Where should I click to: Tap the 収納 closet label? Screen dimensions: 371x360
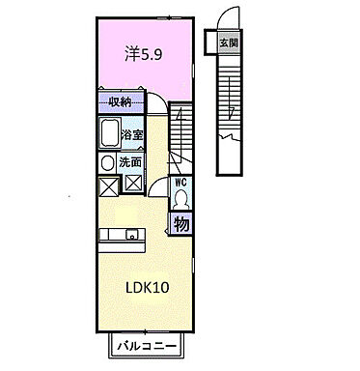120,101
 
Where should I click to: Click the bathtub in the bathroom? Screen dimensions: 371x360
107,135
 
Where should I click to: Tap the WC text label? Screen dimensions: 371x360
180,181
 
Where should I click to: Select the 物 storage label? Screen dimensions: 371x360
181,224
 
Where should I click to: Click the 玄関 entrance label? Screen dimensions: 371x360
228,43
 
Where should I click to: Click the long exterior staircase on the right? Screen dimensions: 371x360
229,106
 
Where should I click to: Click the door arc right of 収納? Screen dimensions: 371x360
154,103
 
